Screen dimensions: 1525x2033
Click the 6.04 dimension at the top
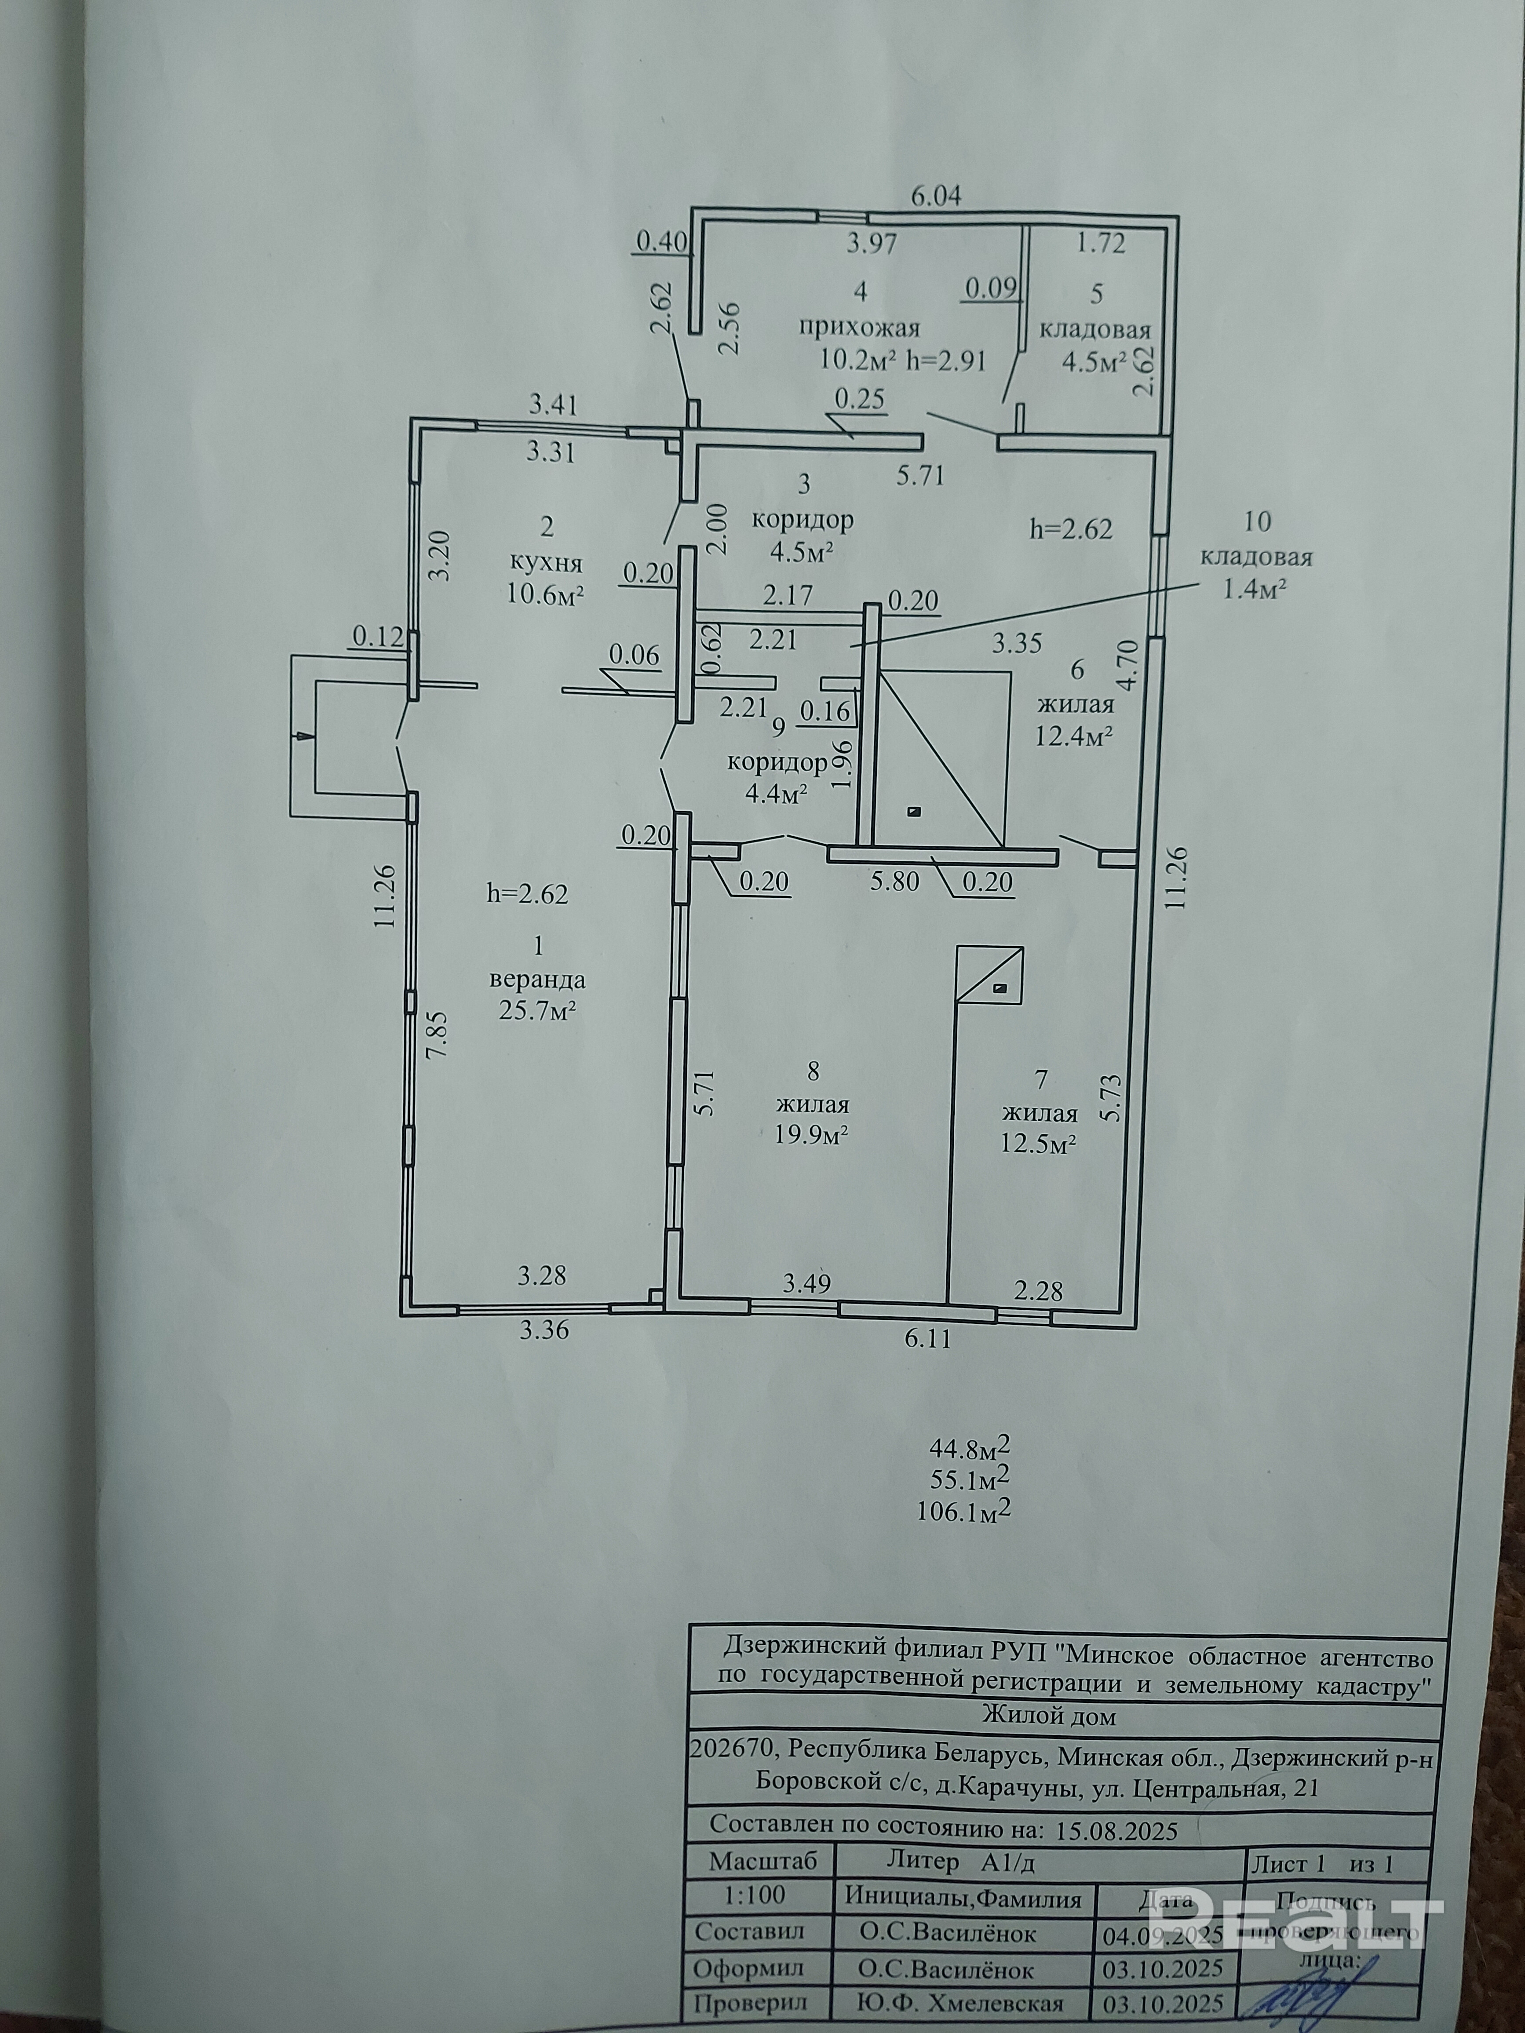tap(935, 196)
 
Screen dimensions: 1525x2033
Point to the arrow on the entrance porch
tap(303, 735)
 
